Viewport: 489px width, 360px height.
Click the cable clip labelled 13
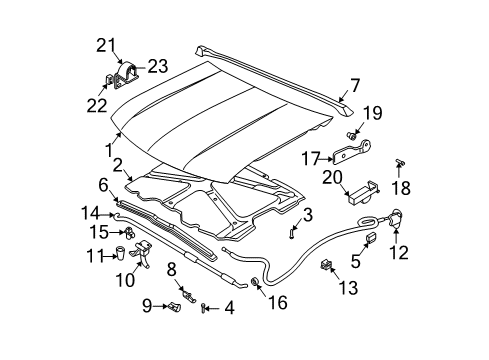pos(326,266)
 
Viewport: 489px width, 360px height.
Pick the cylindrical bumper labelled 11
pos(123,254)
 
